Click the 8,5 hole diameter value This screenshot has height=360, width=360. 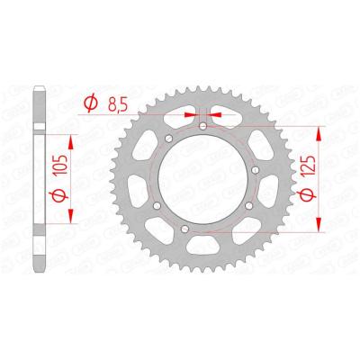115,103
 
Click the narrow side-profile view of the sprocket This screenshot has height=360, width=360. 37,180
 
